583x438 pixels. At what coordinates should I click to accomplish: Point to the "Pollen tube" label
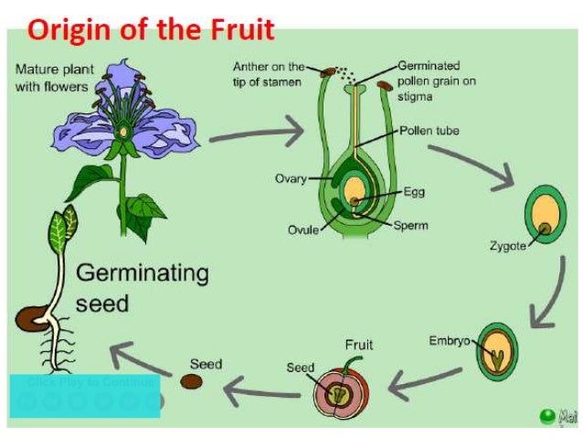[429, 131]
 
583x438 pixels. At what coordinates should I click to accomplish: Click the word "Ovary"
[291, 178]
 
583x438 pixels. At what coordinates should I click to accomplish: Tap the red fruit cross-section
[339, 391]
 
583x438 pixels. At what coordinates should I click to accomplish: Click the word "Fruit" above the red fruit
[359, 346]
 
